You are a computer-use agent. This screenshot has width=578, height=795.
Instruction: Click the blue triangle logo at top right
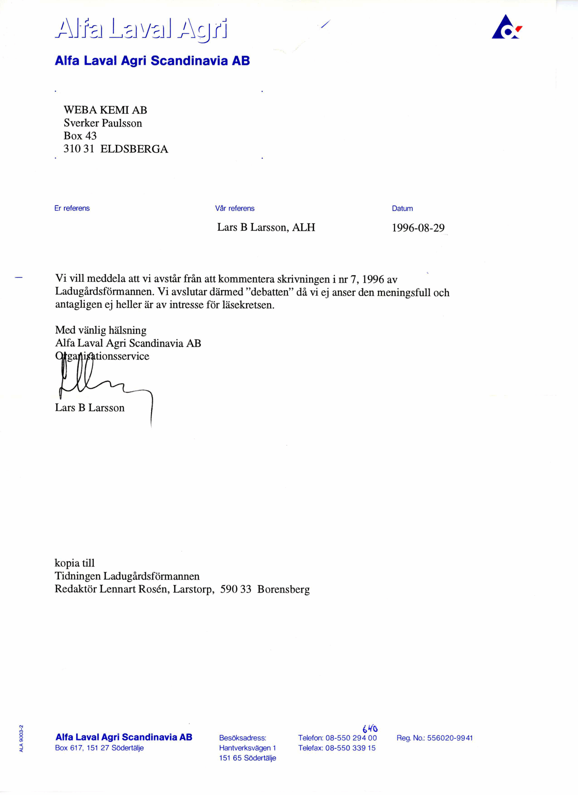pyautogui.click(x=506, y=27)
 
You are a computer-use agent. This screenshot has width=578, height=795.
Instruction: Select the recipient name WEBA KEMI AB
pyautogui.click(x=105, y=110)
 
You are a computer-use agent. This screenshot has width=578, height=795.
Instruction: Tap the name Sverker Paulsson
pyautogui.click(x=103, y=123)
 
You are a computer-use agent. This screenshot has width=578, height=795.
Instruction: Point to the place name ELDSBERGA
pyautogui.click(x=134, y=149)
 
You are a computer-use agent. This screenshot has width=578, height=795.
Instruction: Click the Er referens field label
pyautogui.click(x=72, y=208)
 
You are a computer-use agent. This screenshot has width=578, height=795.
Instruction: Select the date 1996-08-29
pyautogui.click(x=418, y=228)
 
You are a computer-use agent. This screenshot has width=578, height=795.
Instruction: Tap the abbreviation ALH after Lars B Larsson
pyautogui.click(x=303, y=228)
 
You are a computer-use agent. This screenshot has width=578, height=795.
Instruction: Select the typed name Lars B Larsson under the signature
pyautogui.click(x=90, y=408)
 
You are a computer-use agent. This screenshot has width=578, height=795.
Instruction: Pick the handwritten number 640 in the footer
pyautogui.click(x=370, y=729)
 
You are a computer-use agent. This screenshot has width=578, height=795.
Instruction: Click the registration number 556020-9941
pyautogui.click(x=450, y=738)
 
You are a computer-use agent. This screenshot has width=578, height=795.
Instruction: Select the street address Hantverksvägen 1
pyautogui.click(x=248, y=748)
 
